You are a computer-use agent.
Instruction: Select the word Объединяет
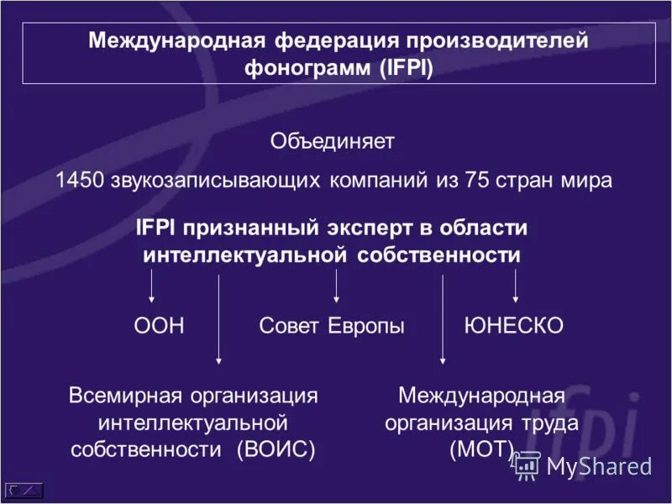[x=332, y=141]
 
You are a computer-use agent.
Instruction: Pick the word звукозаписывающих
[x=215, y=181]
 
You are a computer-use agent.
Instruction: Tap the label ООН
[x=159, y=326]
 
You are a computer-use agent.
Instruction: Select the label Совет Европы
[x=332, y=326]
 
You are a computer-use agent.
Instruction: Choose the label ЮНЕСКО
[x=513, y=326]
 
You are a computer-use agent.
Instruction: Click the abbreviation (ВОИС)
[x=276, y=449]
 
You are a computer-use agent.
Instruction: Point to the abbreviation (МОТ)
[x=481, y=449]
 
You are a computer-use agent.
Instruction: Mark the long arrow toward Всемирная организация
[x=219, y=319]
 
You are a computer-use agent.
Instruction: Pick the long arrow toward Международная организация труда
[x=443, y=319]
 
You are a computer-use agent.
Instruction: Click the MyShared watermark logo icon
[x=527, y=465]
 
